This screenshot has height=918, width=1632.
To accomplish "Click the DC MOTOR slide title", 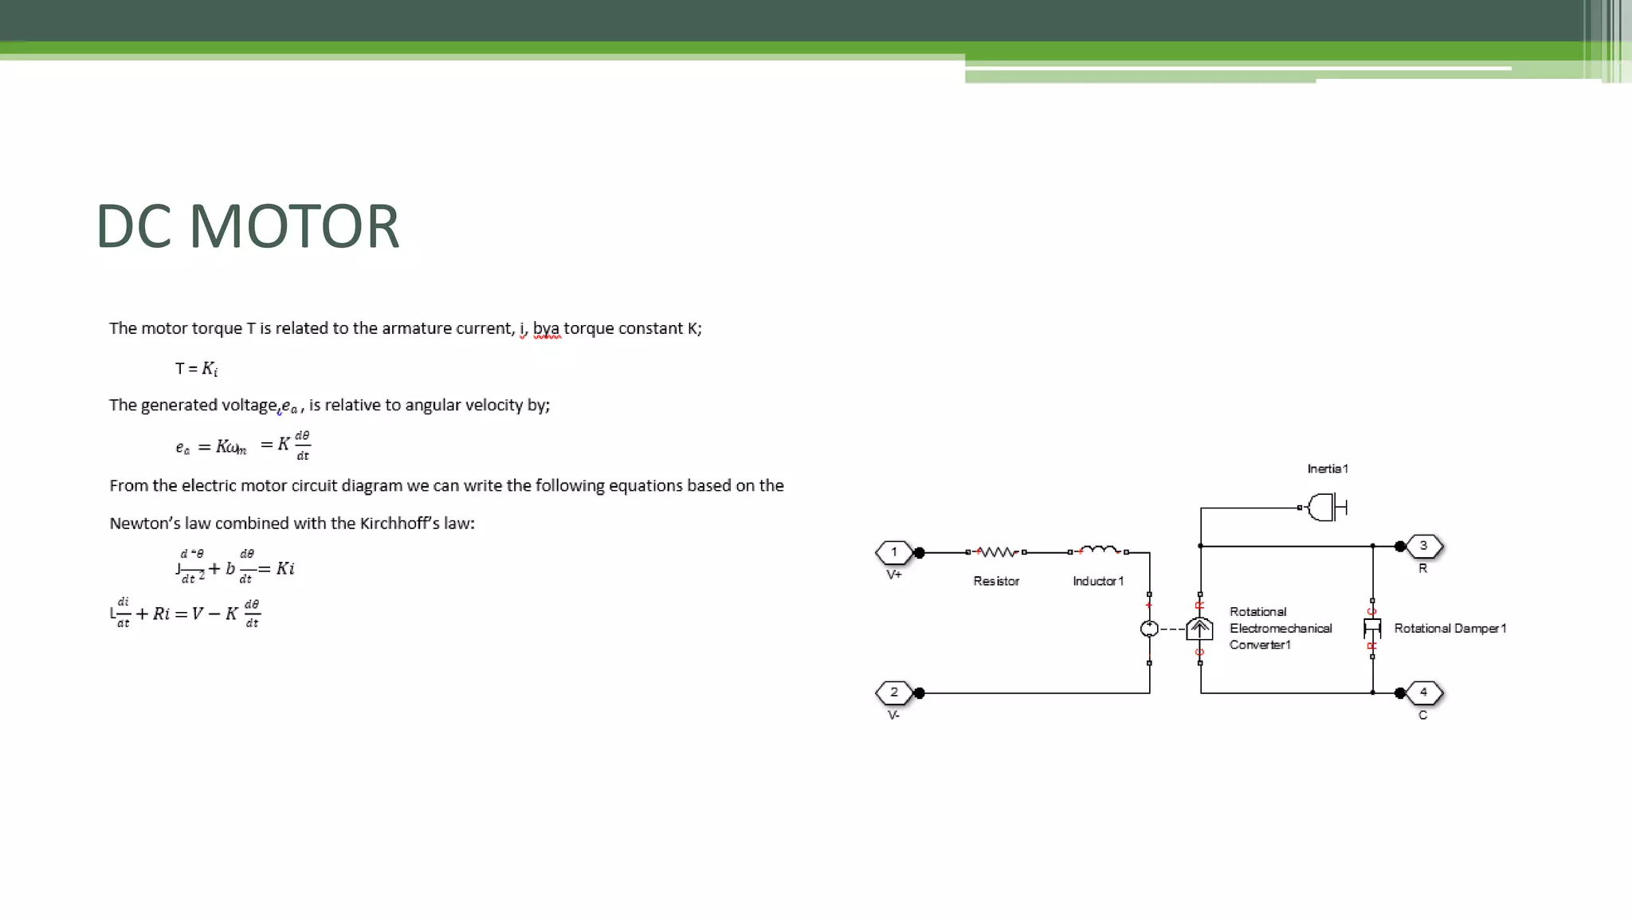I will pos(247,226).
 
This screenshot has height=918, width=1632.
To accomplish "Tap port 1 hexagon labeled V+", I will pos(894,552).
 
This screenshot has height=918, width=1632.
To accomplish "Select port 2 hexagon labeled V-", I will pos(894,692).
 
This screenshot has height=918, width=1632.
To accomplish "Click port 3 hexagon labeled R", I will pos(1423,546).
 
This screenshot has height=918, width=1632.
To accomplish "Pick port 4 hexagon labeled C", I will pos(1423,692).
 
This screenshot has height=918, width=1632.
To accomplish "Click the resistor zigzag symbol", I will pos(996,551).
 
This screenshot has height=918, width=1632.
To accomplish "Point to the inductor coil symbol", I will pos(1098,550).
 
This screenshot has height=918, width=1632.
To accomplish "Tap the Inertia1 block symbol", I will pos(1325,508).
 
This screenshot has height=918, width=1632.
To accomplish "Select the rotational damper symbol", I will pos(1372,629).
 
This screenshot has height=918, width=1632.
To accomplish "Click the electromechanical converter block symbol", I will pos(1199,630).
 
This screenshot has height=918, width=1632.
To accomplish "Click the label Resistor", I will pos(996,581).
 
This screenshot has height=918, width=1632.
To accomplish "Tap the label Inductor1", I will pos(1098,581).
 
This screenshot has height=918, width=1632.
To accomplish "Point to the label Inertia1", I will pos(1328,469).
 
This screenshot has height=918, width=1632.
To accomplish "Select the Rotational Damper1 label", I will pos(1450,629).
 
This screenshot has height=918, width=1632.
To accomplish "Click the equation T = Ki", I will pos(197,368).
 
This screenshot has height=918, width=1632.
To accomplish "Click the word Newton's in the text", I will pos(145,524).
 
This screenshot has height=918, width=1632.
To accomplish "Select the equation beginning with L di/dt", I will pos(186,613).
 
